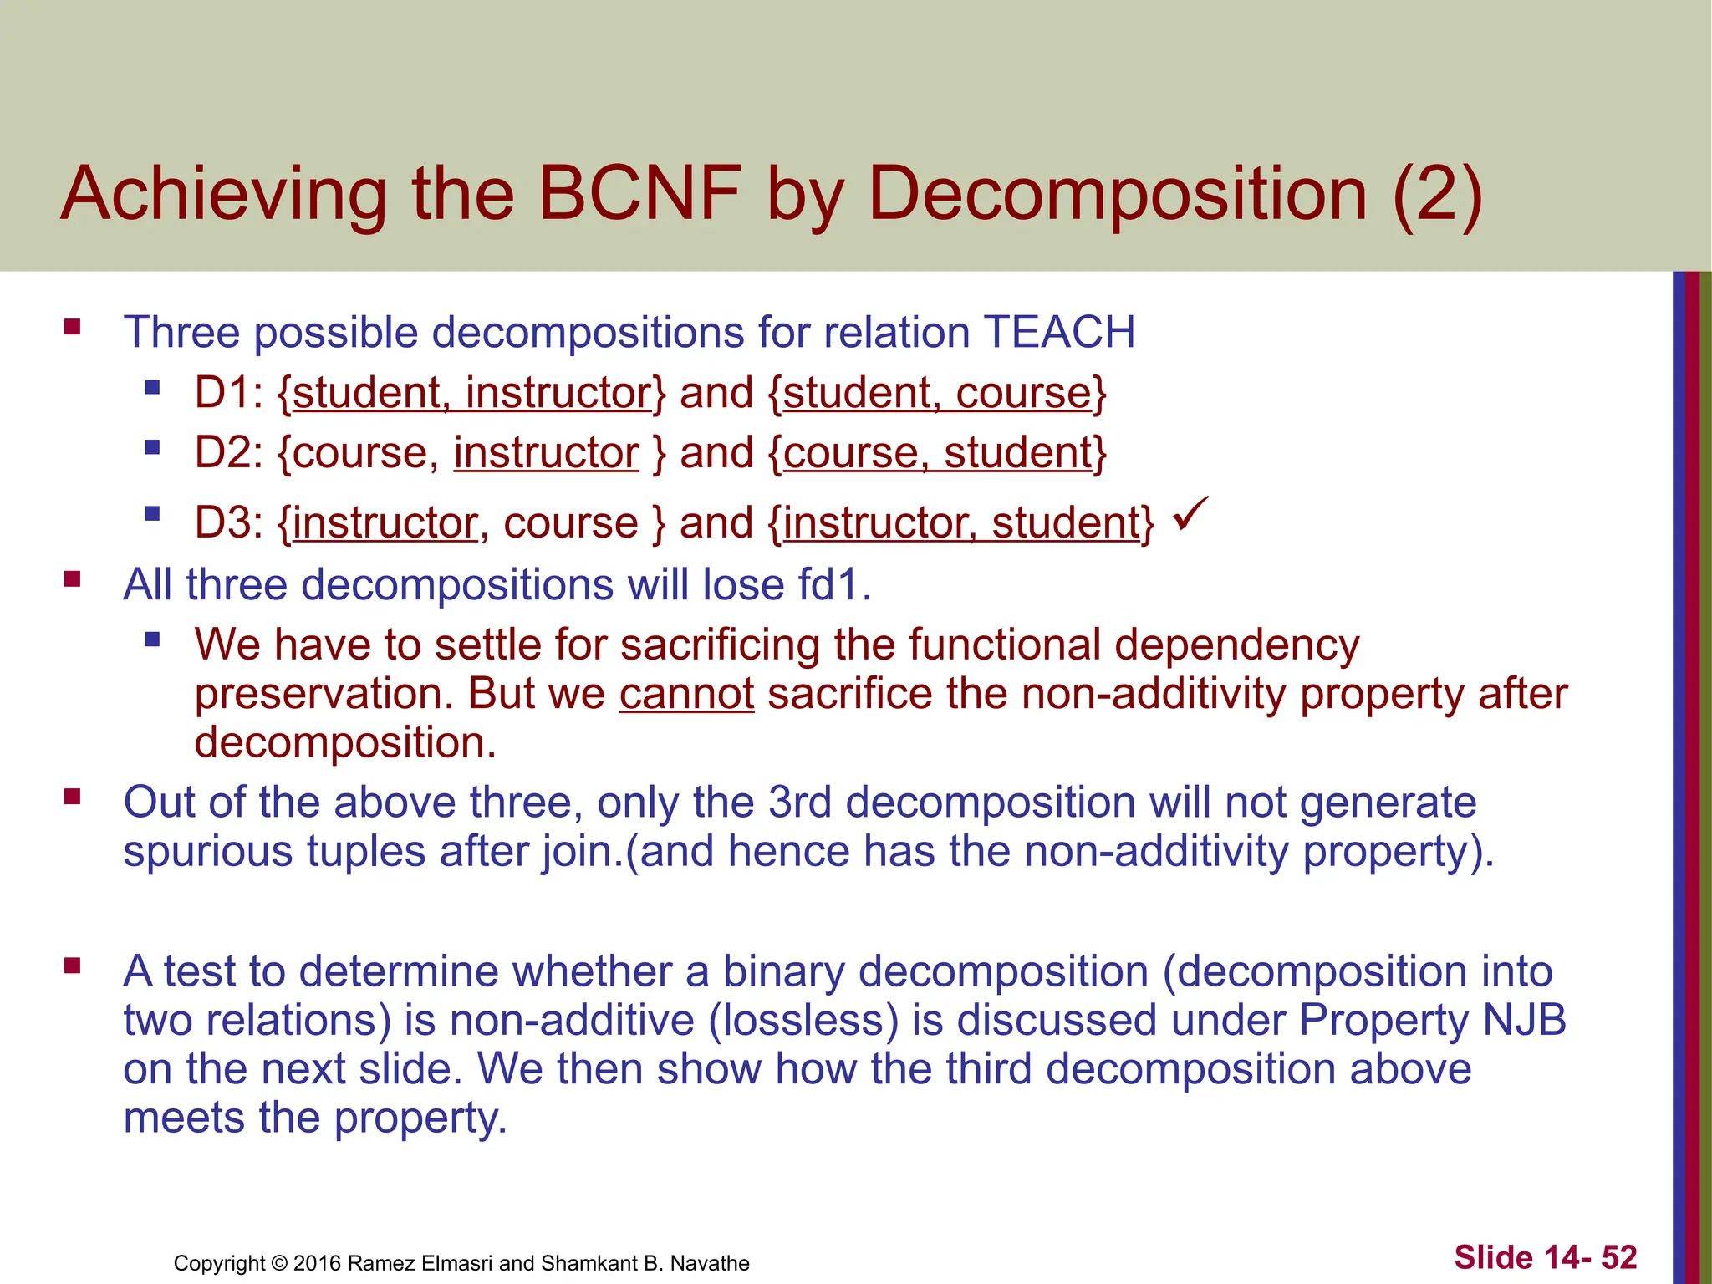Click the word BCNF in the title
(x=639, y=194)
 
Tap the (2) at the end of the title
(x=1438, y=194)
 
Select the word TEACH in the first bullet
(x=1059, y=333)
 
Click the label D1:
(x=228, y=393)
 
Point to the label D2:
(x=228, y=453)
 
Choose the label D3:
(x=228, y=523)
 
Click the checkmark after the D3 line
(x=1190, y=513)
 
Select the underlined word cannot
(x=686, y=694)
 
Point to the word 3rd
(x=799, y=802)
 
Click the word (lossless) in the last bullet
(x=803, y=1020)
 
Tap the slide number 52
(x=1618, y=1257)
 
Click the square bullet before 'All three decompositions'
(x=72, y=578)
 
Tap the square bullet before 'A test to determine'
(x=72, y=966)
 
